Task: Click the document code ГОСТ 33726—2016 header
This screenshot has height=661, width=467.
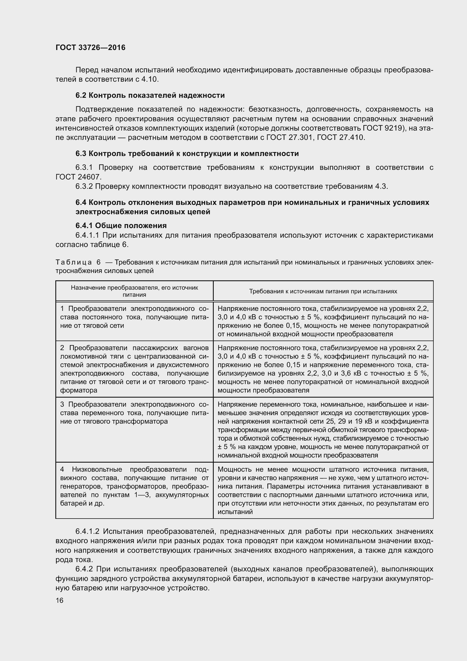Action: coord(90,47)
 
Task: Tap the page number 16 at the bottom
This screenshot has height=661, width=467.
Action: coord(60,600)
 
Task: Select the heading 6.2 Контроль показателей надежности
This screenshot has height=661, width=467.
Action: coord(150,95)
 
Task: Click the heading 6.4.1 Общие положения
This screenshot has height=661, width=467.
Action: coord(121,225)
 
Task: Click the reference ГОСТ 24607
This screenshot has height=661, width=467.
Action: coord(78,177)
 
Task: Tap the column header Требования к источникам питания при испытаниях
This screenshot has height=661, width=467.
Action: coord(323,291)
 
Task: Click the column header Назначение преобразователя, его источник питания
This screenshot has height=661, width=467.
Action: coord(134,291)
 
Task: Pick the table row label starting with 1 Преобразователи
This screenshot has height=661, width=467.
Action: coord(134,317)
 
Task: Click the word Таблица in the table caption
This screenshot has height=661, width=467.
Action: coord(74,262)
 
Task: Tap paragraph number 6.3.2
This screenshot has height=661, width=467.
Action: coord(84,186)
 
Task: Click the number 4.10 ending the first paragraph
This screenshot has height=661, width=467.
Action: coord(150,79)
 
